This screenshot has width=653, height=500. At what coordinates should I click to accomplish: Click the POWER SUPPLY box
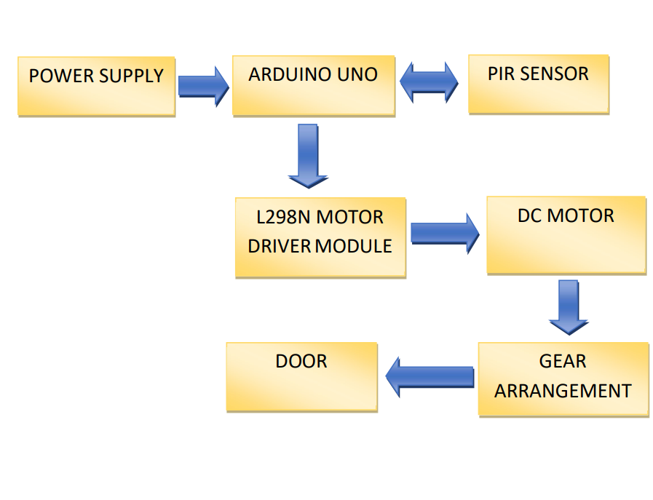96,86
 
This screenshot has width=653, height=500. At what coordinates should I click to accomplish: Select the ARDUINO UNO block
313,85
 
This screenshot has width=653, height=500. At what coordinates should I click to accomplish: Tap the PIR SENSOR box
538,84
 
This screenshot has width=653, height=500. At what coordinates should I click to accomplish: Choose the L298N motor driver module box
320,237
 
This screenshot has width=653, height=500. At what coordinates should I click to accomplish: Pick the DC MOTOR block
566,235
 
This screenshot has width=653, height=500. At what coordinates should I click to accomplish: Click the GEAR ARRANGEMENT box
563,378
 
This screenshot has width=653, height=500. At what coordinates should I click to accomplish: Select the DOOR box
301,377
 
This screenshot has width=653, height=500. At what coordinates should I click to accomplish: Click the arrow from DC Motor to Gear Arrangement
568,306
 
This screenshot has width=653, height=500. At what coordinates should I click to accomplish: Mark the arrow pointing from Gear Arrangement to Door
430,376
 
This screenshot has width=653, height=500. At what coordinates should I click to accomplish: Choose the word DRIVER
280,246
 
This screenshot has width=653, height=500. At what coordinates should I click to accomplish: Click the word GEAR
563,362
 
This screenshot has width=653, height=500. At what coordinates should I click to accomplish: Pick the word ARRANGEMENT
563,391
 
